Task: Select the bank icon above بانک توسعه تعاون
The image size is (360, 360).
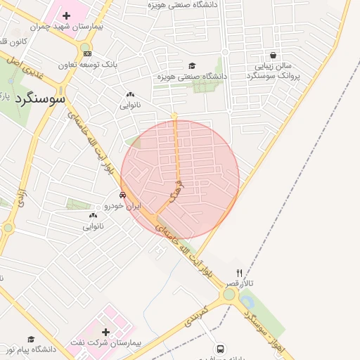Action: pyautogui.click(x=86, y=53)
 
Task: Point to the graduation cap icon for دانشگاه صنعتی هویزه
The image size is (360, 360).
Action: pyautogui.click(x=191, y=66)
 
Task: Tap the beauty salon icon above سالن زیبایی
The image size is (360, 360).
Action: pyautogui.click(x=273, y=55)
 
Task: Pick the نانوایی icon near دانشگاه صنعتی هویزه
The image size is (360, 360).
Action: pyautogui.click(x=130, y=95)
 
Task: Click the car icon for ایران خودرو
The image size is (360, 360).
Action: pyautogui.click(x=123, y=195)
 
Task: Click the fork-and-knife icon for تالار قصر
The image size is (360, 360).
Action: pyautogui.click(x=239, y=273)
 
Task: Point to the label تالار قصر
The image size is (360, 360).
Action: pyautogui.click(x=240, y=283)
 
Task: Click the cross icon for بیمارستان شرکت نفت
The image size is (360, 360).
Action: pyautogui.click(x=105, y=332)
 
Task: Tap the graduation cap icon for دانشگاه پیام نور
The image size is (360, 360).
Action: pyautogui.click(x=31, y=339)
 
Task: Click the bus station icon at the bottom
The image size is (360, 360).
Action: pyautogui.click(x=220, y=349)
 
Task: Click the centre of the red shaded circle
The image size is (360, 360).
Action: pyautogui.click(x=180, y=179)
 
